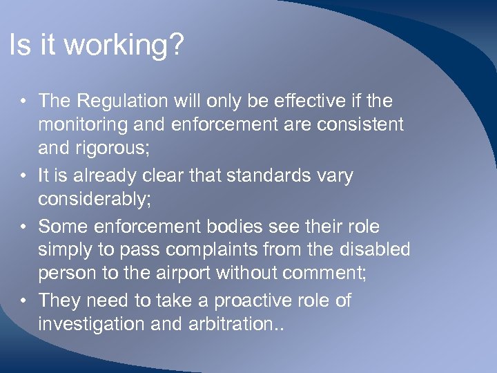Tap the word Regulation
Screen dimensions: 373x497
coord(122,101)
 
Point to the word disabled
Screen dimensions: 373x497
coord(373,251)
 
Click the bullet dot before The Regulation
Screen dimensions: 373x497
coord(23,102)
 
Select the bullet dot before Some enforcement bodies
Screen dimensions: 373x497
coord(23,227)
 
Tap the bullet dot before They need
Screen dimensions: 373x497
coord(23,301)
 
